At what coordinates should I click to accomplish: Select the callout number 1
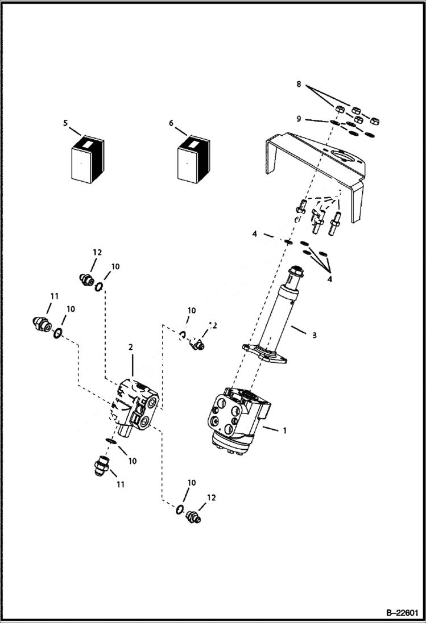click(x=284, y=430)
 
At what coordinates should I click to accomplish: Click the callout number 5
click(x=65, y=122)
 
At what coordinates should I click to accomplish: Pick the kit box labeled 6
click(x=192, y=161)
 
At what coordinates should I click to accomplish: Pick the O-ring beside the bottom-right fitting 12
click(x=180, y=509)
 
